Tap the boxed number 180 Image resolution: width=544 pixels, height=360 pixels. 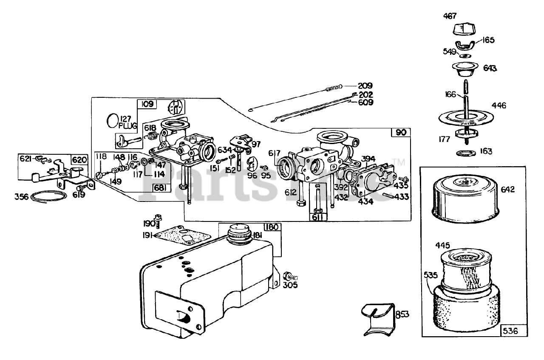point(272,227)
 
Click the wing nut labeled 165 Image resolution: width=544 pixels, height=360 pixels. point(466,46)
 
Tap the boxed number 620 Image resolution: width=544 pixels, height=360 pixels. point(80,160)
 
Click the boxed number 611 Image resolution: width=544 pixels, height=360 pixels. point(318,217)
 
